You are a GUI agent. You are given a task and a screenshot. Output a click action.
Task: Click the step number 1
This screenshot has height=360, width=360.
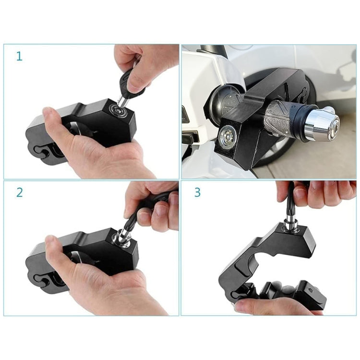(19, 56)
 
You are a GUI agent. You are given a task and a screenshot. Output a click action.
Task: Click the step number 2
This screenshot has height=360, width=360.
(19, 192)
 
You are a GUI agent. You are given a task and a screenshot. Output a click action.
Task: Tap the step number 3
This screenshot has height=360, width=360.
(197, 192)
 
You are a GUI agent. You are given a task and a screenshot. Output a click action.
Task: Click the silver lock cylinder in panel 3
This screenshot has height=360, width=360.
(291, 226)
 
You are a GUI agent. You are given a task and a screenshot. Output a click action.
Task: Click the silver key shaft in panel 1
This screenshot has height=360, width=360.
(124, 100)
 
